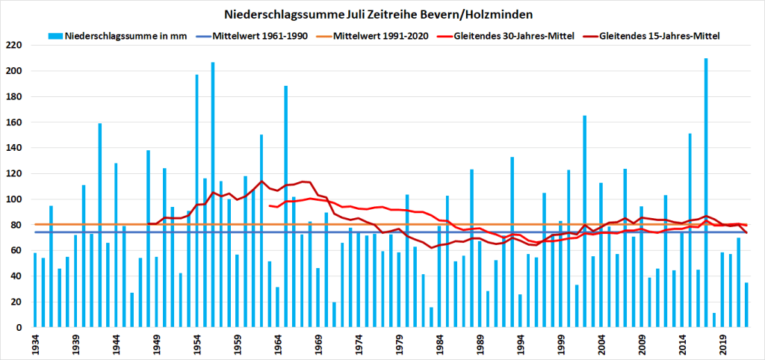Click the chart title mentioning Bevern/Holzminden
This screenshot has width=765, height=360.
[x=382, y=14]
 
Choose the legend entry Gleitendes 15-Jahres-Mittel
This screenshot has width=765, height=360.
[x=658, y=36]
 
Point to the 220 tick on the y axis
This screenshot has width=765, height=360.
[x=14, y=46]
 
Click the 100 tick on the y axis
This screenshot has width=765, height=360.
[x=14, y=199]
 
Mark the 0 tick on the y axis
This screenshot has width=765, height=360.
[x=19, y=328]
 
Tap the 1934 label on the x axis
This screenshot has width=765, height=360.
[x=35, y=346]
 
